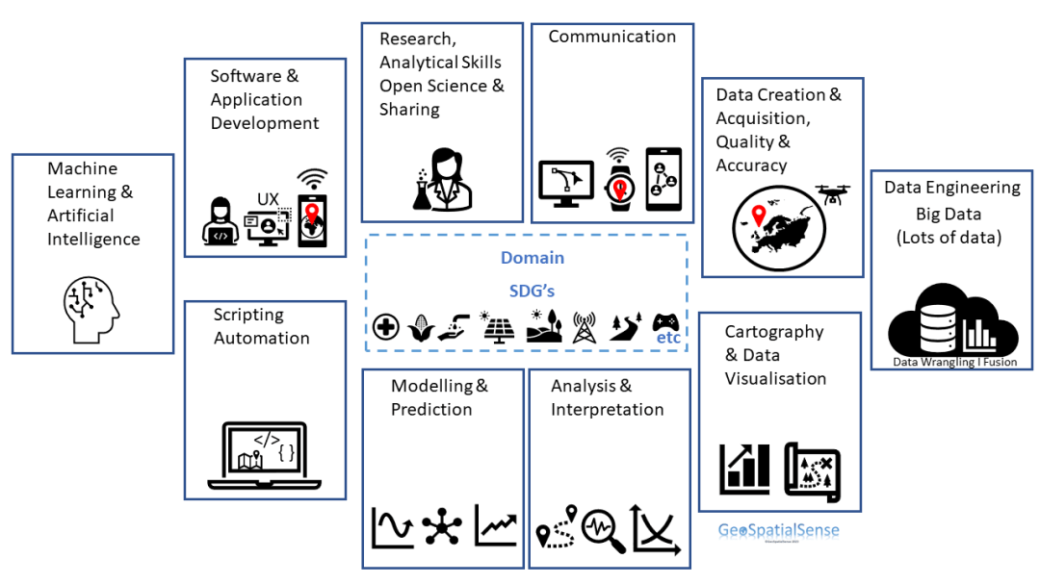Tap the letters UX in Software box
click(x=268, y=199)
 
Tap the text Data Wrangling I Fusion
click(x=954, y=363)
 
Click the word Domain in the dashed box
click(x=532, y=258)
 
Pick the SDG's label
click(x=532, y=290)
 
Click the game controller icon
click(x=665, y=322)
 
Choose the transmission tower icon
click(x=584, y=327)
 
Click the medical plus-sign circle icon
click(x=386, y=327)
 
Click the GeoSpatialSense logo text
click(x=778, y=530)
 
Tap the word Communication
click(x=611, y=37)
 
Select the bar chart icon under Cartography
click(x=744, y=466)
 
